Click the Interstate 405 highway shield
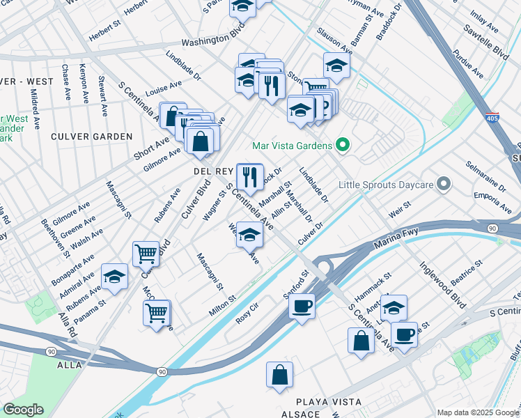(492, 118)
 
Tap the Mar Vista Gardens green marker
(342, 146)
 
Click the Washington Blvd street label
(212, 42)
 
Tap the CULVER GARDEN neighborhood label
(92, 137)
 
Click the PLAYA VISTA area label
(329, 402)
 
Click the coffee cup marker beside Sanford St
(302, 306)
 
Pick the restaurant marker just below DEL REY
(250, 177)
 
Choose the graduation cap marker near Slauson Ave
(336, 66)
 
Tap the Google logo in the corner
(23, 410)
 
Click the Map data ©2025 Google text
(478, 412)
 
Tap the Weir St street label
(399, 211)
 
